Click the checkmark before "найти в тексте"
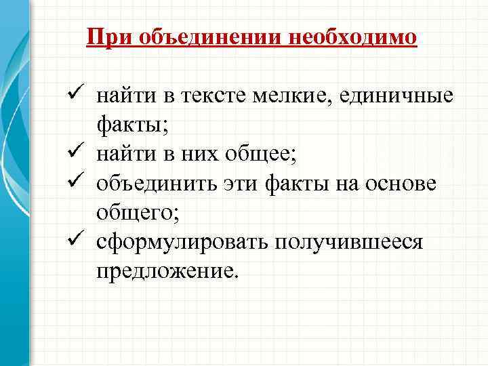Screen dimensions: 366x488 click(x=76, y=96)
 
